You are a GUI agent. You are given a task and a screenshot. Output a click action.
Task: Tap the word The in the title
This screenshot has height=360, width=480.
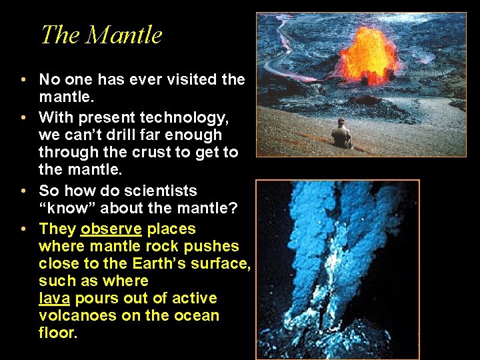point(58,35)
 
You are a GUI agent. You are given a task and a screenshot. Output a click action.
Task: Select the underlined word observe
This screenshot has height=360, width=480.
point(111,229)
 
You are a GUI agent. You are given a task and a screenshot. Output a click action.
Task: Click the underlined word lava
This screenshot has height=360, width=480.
point(54,298)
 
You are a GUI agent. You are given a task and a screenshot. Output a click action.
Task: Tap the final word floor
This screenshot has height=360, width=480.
point(58,333)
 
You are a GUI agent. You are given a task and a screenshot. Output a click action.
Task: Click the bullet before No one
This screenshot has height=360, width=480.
point(23,80)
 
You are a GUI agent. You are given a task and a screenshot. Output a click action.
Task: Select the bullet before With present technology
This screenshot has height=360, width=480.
point(23,118)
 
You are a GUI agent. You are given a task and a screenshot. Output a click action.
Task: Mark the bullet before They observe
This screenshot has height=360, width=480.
point(23,229)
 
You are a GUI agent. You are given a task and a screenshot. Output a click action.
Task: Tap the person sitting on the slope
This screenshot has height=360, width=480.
point(342,133)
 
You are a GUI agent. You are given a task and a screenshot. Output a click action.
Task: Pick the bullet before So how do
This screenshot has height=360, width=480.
point(23,191)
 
